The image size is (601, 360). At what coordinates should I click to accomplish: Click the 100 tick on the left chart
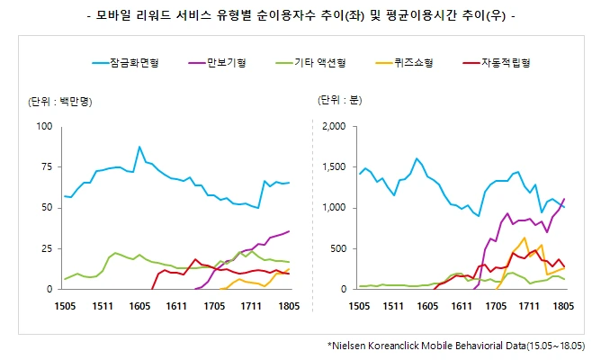(42, 126)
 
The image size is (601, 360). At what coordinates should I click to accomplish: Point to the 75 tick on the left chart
(44, 167)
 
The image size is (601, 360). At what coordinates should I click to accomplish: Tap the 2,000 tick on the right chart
(333, 126)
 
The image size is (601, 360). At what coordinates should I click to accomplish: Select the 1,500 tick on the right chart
(333, 167)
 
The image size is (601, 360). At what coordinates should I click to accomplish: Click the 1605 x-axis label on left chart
(139, 306)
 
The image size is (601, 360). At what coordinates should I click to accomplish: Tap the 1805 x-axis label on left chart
(289, 306)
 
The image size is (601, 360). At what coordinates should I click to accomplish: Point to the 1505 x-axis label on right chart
(359, 306)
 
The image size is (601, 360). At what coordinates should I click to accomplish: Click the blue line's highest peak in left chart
(139, 147)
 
